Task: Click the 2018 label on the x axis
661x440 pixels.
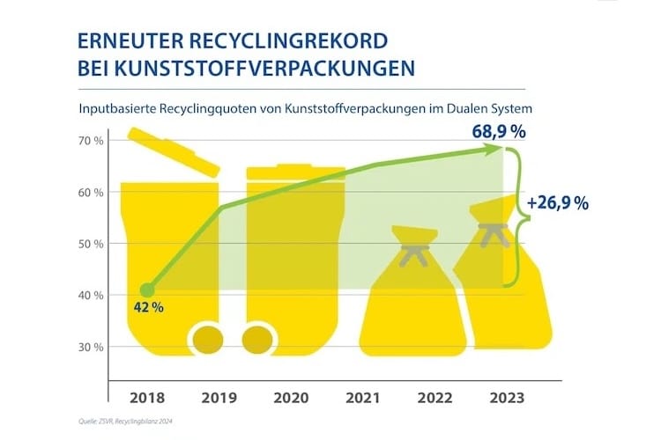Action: click(145, 398)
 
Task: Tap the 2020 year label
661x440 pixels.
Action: click(290, 398)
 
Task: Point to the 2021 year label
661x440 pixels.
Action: click(363, 398)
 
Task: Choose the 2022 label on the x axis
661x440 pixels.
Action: click(435, 398)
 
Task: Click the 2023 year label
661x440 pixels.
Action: click(507, 398)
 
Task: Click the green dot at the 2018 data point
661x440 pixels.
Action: click(148, 290)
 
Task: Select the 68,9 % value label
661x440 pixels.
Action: click(494, 132)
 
